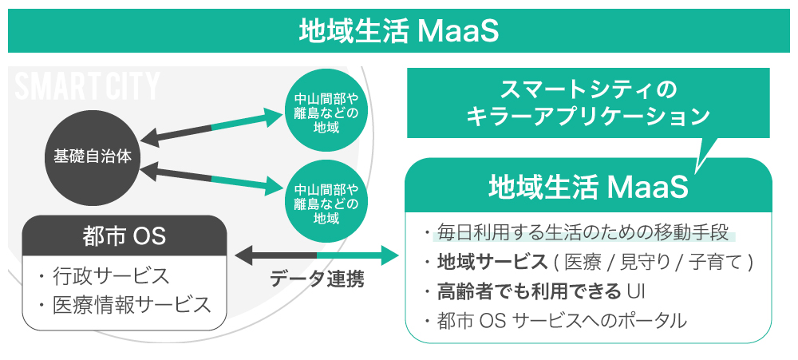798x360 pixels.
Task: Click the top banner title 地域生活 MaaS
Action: pyautogui.click(x=398, y=31)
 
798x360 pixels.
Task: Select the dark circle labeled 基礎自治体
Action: pyautogui.click(x=93, y=156)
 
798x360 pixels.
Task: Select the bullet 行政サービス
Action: pyautogui.click(x=104, y=276)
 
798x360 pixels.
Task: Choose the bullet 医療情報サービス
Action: pyautogui.click(x=124, y=304)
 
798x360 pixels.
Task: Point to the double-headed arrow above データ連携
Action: pyautogui.click(x=317, y=255)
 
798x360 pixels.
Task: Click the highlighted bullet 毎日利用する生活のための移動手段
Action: pyautogui.click(x=582, y=233)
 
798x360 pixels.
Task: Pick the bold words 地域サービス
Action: pyautogui.click(x=491, y=262)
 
